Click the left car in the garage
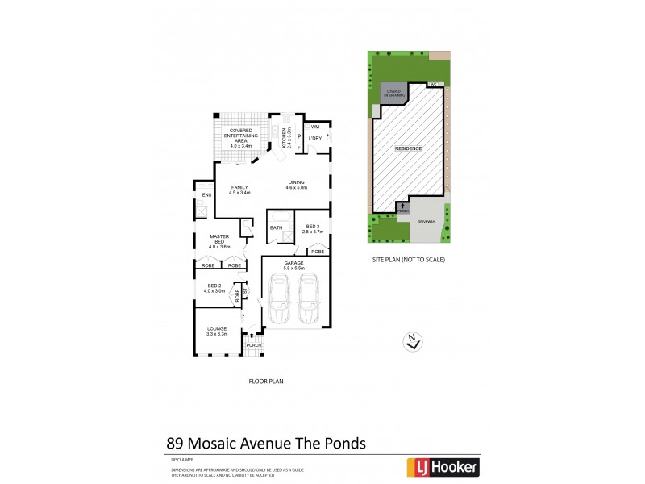(280, 298)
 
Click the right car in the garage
(310, 298)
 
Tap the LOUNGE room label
(216, 328)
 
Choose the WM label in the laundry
(314, 127)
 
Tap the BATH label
(277, 227)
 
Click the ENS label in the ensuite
(206, 194)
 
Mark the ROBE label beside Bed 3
(317, 252)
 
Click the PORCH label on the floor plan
(252, 345)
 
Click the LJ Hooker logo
(446, 466)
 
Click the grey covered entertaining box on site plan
(393, 94)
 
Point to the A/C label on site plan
(433, 84)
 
